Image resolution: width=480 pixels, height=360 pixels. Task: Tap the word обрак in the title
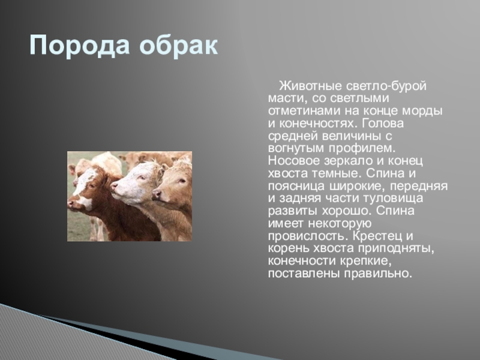pyautogui.click(x=178, y=46)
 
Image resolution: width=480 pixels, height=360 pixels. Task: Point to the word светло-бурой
pyautogui.click(x=386, y=86)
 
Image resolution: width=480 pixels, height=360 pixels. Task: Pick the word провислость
pyautogui.click(x=308, y=236)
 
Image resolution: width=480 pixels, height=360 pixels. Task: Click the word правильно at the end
pyautogui.click(x=377, y=274)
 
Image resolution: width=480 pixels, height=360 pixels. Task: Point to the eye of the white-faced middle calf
pyautogui.click(x=142, y=178)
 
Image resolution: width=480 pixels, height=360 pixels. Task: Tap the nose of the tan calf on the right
pyautogui.click(x=156, y=194)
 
